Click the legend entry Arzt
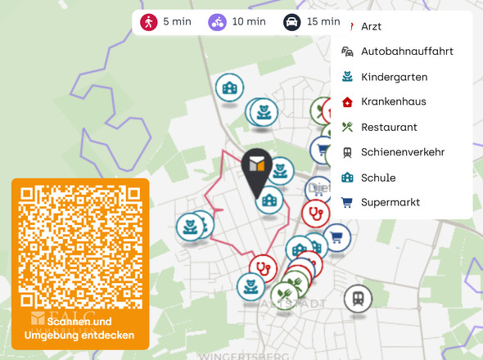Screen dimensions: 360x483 coord(371,26)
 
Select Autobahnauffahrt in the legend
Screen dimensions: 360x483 coord(406,52)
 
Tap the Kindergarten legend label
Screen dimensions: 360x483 coord(394,77)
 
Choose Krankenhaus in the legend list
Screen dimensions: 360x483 coord(393,101)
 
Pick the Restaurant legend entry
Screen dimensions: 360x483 coord(389,127)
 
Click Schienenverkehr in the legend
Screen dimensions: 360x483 coord(402,152)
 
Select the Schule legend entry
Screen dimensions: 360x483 coord(378,178)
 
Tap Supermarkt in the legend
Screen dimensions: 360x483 coord(390,202)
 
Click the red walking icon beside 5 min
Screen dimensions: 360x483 coord(148,21)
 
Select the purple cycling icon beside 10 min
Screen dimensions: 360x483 coord(217,21)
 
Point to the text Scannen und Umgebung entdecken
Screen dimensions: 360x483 coord(79,328)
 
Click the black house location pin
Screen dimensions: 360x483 coord(259,170)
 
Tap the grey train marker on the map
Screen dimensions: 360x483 coord(357,298)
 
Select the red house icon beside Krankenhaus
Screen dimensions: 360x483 coord(347,101)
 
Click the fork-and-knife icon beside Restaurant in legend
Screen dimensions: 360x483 coord(347,127)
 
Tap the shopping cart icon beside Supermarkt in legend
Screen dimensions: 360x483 coord(347,202)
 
